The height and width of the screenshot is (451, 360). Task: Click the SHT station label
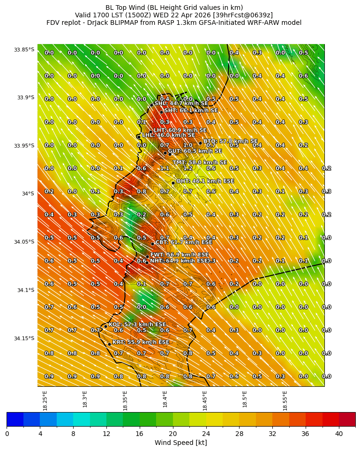coord(191,110)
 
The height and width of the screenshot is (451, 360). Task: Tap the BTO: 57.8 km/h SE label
coord(230,141)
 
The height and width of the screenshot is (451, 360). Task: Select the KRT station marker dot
coord(109,344)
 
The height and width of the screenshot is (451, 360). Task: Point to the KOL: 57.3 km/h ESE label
coord(137,324)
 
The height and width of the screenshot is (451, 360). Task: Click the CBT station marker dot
coord(152,244)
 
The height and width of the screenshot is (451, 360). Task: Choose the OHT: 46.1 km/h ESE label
coord(205,181)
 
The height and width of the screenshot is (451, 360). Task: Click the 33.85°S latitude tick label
coord(24,50)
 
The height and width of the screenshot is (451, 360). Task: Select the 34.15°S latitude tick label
coord(24,338)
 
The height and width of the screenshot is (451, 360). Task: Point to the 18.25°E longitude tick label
coord(45,400)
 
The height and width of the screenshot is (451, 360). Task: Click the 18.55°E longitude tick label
coord(285,400)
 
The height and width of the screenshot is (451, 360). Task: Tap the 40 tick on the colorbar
coord(339,434)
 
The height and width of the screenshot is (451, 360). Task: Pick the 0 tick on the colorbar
coord(7,434)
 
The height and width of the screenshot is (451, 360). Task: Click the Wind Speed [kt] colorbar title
coord(180,443)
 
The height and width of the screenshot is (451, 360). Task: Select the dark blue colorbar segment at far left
coord(15,419)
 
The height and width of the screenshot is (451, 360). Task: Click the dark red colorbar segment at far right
coord(347,419)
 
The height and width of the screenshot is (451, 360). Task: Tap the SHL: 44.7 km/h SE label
coord(181,104)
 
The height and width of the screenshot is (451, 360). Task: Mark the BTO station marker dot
coord(200,143)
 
